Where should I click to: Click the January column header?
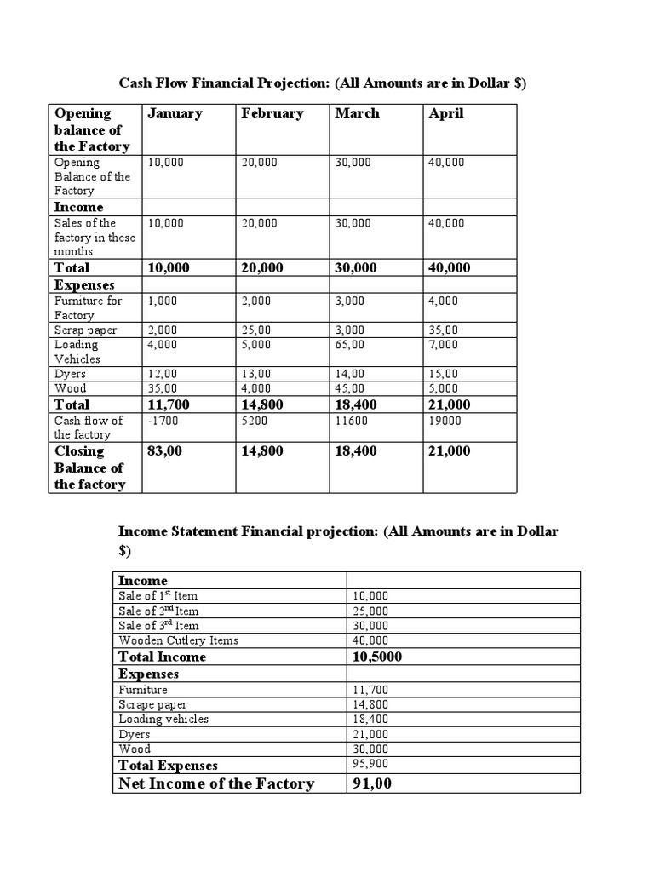pos(175,113)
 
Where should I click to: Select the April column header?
pos(446,113)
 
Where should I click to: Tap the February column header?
pos(272,113)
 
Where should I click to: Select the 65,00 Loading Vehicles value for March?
pos(350,345)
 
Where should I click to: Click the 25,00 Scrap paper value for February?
pos(256,330)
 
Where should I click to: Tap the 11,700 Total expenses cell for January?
pos(168,404)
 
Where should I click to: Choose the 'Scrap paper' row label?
pos(85,330)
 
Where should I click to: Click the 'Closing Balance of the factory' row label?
pos(90,468)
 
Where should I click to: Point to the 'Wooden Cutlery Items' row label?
pos(179,640)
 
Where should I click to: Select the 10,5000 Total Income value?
pos(377,657)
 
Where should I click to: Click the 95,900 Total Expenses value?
pos(370,765)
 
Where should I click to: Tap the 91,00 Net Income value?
pos(371,783)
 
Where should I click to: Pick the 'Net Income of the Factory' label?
pos(216,783)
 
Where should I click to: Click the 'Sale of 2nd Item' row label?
pos(159,611)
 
